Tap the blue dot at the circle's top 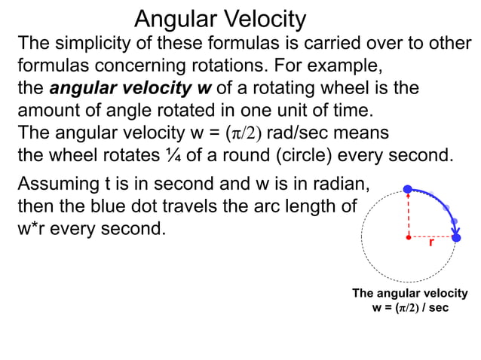point(408,188)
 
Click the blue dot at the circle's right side point(456,237)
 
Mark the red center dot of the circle point(408,237)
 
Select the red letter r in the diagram point(431,244)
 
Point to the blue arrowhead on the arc point(455,224)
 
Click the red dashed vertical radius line point(408,214)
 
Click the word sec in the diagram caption point(438,308)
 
